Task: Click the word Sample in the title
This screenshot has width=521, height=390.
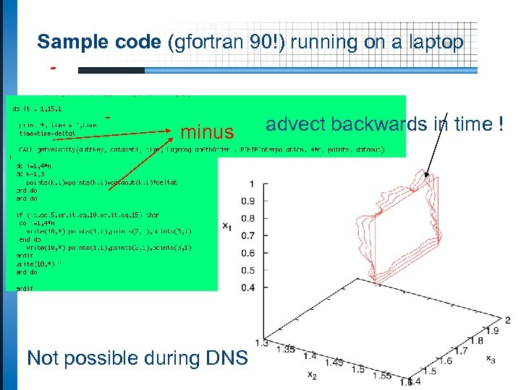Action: [x=64, y=43]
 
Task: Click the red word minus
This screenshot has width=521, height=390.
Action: [x=207, y=132]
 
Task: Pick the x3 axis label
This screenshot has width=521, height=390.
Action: [x=490, y=359]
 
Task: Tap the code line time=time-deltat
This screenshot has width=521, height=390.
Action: [x=47, y=133]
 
